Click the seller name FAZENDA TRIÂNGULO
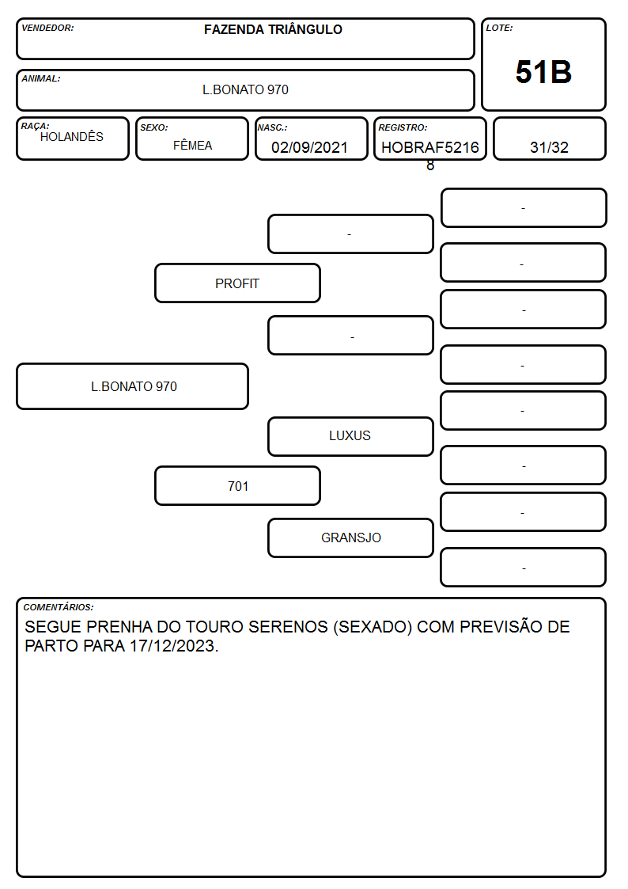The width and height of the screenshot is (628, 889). point(273,29)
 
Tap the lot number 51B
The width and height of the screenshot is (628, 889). point(543,73)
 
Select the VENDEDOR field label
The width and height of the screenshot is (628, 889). point(47,28)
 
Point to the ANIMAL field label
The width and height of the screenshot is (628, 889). point(41,79)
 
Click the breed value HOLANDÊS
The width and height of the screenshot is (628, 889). point(72,137)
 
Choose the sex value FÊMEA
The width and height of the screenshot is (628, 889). point(192,146)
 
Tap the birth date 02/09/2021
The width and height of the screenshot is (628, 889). point(310,147)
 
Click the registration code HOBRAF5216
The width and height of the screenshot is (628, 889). point(429,147)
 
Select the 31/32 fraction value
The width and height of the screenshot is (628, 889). point(549,147)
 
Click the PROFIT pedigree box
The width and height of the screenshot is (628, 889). point(237,283)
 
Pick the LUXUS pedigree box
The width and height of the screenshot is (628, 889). point(350,436)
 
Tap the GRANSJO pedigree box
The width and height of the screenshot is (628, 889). point(350,538)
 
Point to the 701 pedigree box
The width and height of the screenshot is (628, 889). point(237,486)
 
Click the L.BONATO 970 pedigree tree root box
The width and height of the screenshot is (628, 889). point(133,386)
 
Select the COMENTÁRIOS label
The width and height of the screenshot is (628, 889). point(59,607)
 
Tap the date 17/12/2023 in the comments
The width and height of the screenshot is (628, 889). point(172,646)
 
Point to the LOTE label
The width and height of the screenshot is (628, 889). point(499,28)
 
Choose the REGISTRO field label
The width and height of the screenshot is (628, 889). point(403,127)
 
